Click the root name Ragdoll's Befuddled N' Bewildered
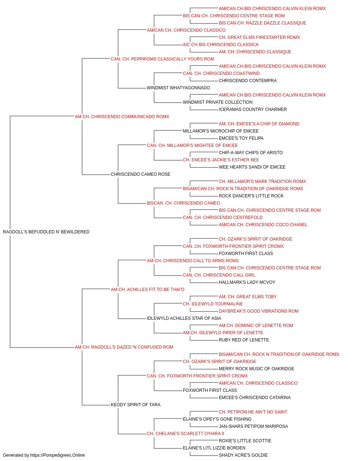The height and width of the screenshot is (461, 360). click(x=46, y=232)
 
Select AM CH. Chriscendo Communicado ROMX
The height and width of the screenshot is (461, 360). click(x=122, y=117)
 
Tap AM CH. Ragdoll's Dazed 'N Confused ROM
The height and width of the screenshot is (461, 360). click(x=124, y=347)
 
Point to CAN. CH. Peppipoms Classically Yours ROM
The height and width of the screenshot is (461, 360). click(x=162, y=59)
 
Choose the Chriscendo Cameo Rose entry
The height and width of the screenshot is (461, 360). click(x=140, y=174)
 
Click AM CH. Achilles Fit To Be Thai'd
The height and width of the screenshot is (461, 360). click(x=148, y=290)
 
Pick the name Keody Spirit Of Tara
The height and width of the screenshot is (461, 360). click(x=136, y=405)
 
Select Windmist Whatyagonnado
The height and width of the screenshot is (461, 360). click(x=178, y=88)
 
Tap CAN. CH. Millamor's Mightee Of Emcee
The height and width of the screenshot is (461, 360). click(x=192, y=146)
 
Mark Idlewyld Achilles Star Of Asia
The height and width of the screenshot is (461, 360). click(x=184, y=318)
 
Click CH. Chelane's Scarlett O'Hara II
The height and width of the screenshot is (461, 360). click(x=185, y=434)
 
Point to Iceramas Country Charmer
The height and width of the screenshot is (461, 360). click(x=253, y=109)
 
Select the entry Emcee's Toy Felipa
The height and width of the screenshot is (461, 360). click(x=241, y=138)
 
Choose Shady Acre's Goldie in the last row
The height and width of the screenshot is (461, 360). click(x=243, y=455)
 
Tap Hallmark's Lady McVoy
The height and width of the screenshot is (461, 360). click(x=247, y=282)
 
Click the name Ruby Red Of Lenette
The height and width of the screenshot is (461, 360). click(x=244, y=340)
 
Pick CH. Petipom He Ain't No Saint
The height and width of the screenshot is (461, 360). click(x=253, y=412)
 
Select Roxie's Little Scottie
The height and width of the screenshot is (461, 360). click(x=245, y=441)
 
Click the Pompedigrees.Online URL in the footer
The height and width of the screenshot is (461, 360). click(x=58, y=455)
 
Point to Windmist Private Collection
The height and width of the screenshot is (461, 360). click(x=217, y=102)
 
